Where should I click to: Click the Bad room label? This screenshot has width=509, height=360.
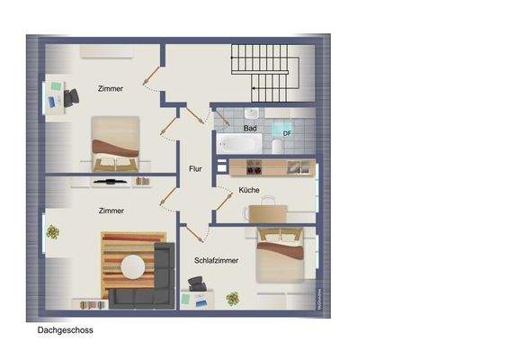251,129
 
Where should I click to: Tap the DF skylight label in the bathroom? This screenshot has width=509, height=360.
287,134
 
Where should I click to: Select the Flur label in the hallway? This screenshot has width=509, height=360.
195,168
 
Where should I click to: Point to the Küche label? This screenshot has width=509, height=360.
249,190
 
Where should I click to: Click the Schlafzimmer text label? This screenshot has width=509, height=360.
216,260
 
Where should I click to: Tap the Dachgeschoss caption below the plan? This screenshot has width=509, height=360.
65,330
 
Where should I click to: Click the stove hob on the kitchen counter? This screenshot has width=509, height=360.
253,167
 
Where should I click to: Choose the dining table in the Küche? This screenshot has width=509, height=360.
266,212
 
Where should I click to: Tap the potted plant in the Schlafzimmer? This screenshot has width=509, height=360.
234,298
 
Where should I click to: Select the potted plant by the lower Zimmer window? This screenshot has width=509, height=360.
53,233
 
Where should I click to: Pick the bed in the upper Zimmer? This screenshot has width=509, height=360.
114,144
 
